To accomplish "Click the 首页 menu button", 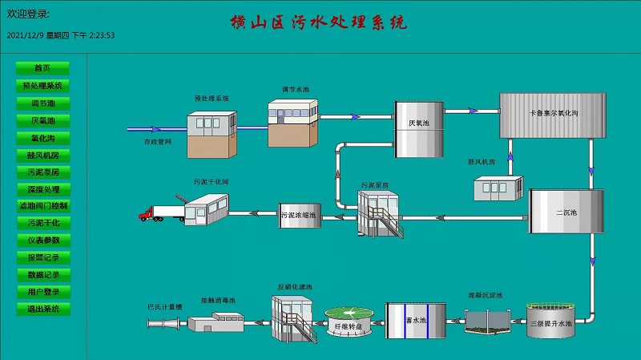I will (42, 68).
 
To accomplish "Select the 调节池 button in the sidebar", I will (42, 103).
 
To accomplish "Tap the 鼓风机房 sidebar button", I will (42, 154).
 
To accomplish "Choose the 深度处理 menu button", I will (42, 188).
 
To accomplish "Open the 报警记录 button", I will (42, 257).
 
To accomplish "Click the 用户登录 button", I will (42, 292).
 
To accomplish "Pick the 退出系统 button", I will (42, 309).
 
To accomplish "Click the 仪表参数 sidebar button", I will (42, 240).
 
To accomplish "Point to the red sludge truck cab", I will (145, 214).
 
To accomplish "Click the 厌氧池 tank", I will (419, 128).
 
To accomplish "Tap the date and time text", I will (61, 35).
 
